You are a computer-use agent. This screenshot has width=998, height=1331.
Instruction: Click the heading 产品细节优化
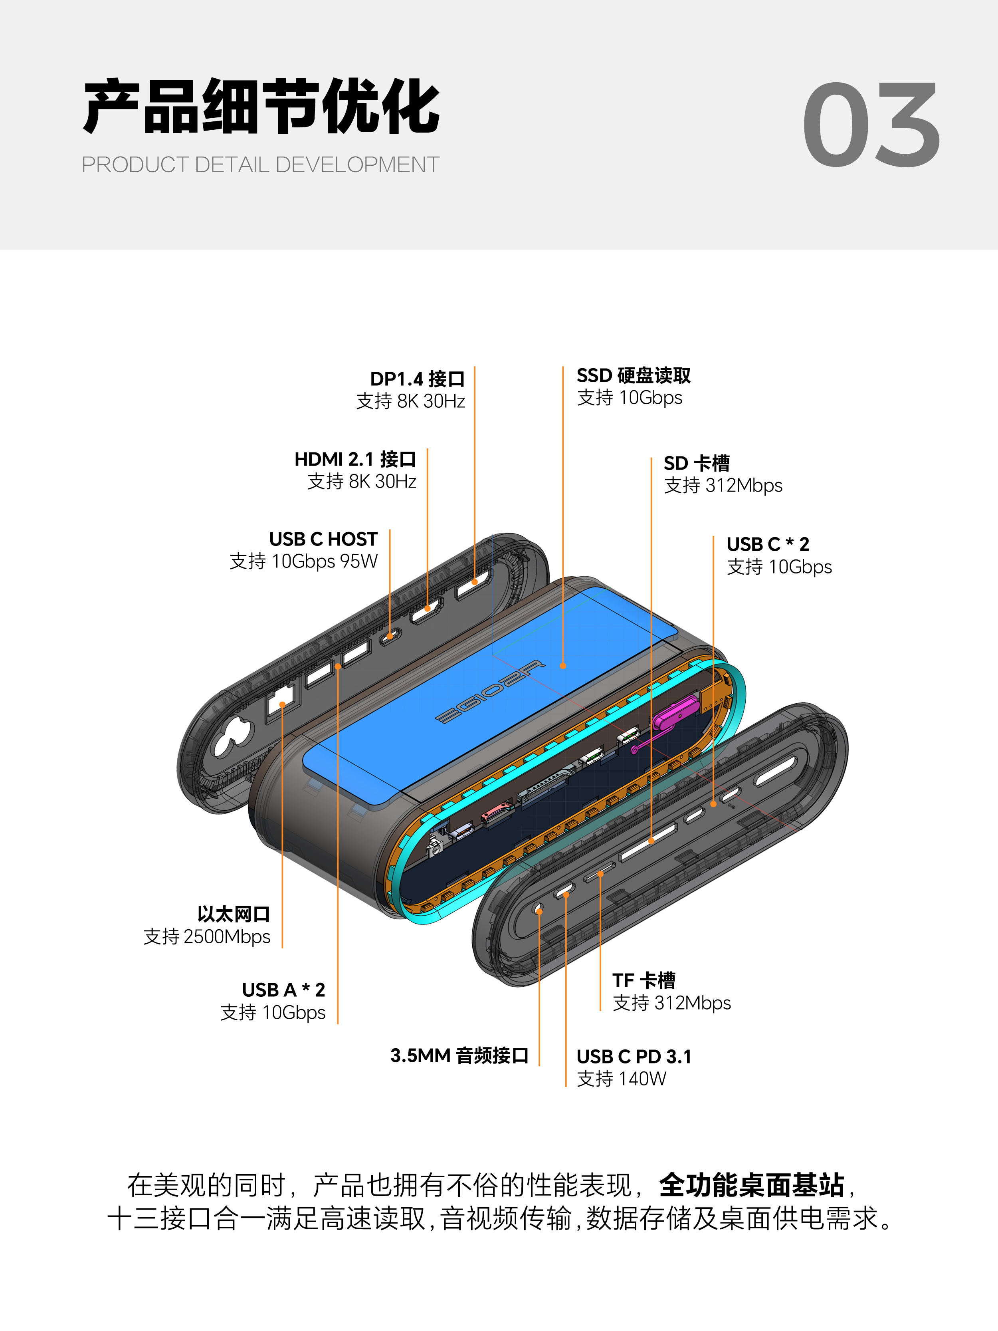(262, 107)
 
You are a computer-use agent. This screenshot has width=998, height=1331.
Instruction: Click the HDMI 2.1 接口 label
(355, 459)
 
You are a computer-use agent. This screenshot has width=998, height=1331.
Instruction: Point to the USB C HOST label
(323, 539)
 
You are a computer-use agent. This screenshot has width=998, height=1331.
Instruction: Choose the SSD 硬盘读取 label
(634, 375)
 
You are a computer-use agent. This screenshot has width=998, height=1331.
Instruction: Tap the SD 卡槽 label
(697, 463)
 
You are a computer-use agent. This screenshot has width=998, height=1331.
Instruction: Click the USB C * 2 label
(768, 544)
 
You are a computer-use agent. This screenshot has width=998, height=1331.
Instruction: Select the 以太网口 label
(234, 914)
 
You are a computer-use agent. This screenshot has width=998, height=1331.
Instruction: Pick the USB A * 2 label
(283, 990)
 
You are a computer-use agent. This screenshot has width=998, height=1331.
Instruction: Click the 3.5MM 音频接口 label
(459, 1055)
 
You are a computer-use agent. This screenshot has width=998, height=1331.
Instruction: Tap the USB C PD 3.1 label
(634, 1057)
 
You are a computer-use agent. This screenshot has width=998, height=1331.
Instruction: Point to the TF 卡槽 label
(644, 980)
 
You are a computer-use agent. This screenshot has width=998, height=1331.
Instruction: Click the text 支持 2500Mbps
(207, 937)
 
